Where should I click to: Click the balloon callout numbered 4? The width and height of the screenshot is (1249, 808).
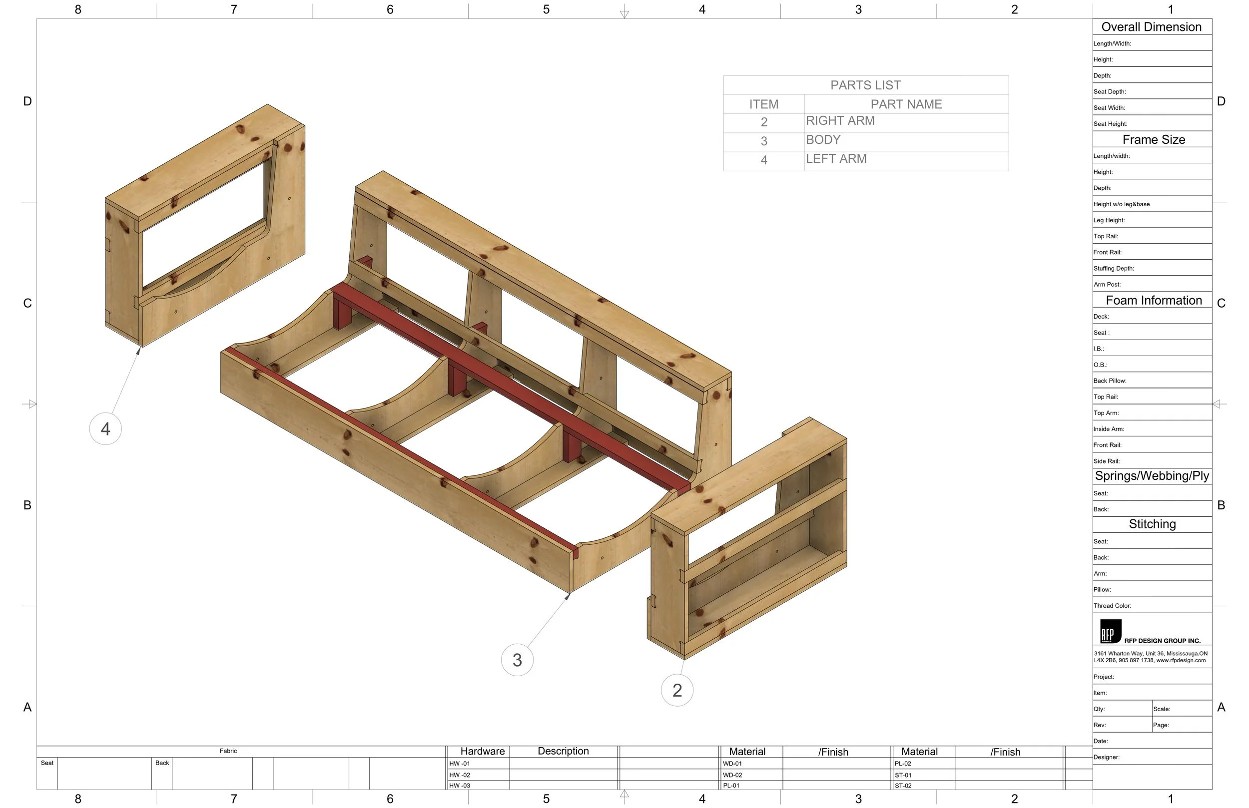coord(105,429)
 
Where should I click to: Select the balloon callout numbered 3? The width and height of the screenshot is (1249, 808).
coord(517,660)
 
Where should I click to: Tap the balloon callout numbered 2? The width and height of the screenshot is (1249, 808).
coord(677,691)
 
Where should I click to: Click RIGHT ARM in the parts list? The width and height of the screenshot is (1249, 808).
coord(840,121)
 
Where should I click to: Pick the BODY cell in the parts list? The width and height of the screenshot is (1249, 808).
coord(823,140)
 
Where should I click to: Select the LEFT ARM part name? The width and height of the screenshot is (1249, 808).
coord(836,159)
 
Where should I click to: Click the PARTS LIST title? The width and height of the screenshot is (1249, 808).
coord(865,85)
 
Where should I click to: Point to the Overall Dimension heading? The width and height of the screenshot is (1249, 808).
coord(1151,27)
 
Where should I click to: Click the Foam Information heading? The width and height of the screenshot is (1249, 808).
coord(1154,300)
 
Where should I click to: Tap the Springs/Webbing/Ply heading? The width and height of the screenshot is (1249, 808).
coord(1152,476)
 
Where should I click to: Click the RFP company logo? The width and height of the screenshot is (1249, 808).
coord(1111,631)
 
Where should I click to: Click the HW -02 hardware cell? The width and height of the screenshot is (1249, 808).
coord(460,775)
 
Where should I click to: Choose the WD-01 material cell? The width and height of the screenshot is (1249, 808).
coord(732,764)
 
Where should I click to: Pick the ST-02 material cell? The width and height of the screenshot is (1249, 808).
coord(903,786)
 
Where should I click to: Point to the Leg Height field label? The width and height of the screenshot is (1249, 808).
coord(1109,220)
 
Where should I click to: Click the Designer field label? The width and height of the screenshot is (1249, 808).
coord(1106,757)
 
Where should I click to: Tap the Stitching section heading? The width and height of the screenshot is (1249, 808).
coord(1152,524)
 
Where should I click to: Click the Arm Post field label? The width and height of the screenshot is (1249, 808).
coord(1107,284)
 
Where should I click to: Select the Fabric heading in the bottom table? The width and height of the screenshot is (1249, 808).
coord(228,751)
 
